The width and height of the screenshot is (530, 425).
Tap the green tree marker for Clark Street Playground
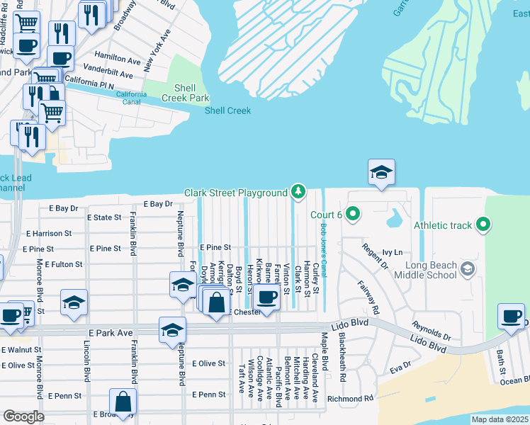[299, 192]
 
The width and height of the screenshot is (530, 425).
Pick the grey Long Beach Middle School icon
[467, 268]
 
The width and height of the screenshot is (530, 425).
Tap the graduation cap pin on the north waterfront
[380, 173]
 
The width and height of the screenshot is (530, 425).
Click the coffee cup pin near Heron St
[267, 297]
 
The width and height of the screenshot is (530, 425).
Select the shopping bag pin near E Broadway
[123, 402]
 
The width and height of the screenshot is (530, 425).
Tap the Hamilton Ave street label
[118, 61]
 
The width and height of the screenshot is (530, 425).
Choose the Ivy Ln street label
[392, 252]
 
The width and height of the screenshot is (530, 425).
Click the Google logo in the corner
[23, 416]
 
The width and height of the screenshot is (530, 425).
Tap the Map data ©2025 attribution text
[500, 419]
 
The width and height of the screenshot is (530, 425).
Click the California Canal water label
[132, 98]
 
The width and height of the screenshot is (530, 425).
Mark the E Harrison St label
[49, 233]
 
